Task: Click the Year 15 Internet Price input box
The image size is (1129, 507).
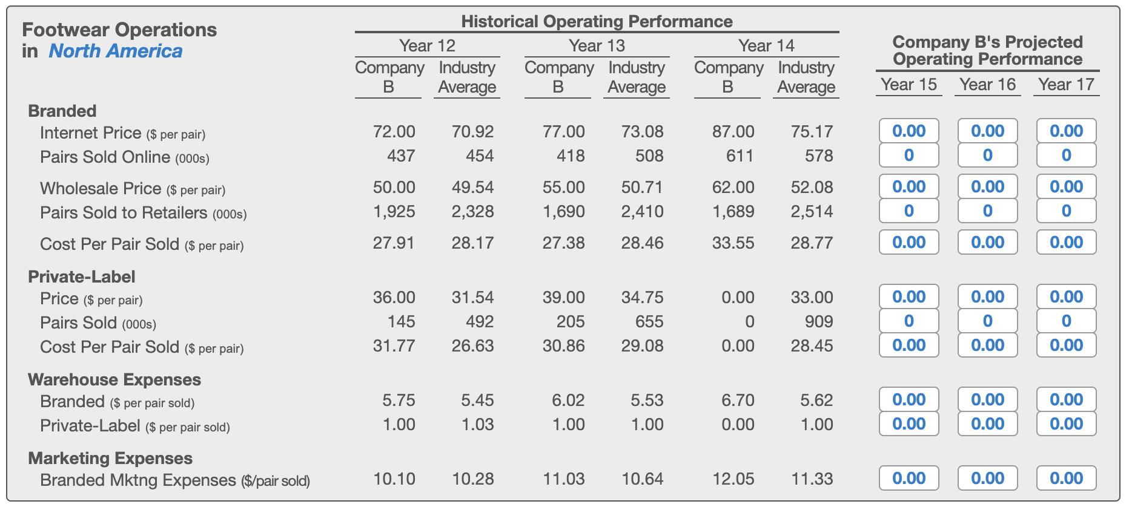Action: click(909, 131)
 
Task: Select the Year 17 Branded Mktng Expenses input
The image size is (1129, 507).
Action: click(1066, 478)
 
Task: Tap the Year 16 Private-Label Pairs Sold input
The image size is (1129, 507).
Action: click(987, 321)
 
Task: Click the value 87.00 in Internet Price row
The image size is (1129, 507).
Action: click(733, 131)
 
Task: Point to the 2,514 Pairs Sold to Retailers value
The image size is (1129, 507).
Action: click(812, 211)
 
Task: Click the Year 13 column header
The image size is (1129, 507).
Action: click(597, 45)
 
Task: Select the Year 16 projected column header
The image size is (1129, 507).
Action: click(987, 84)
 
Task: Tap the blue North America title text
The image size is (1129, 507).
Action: click(115, 51)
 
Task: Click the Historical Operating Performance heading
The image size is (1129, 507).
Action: click(597, 21)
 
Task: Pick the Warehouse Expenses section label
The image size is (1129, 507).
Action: click(114, 379)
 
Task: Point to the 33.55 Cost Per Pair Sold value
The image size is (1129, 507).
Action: click(733, 243)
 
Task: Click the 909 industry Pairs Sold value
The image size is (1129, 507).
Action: click(818, 321)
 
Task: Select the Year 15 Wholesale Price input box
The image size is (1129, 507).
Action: click(909, 186)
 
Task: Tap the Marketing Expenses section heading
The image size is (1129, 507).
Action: click(110, 458)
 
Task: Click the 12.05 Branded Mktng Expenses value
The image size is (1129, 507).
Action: click(733, 479)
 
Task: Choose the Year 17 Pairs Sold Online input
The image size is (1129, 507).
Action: click(1066, 155)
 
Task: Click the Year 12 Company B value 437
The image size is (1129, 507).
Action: click(401, 155)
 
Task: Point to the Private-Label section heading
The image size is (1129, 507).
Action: click(82, 276)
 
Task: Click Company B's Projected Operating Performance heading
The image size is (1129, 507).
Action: click(987, 50)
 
